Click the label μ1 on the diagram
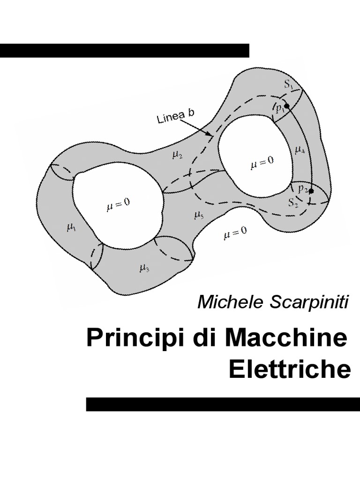(x=71, y=228)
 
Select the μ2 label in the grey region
(x=177, y=156)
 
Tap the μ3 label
(x=144, y=268)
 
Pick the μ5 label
(x=199, y=215)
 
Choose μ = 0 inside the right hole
(x=262, y=162)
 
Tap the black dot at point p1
(x=286, y=106)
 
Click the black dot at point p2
(x=311, y=191)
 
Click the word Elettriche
(x=290, y=370)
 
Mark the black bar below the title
(x=223, y=404)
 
